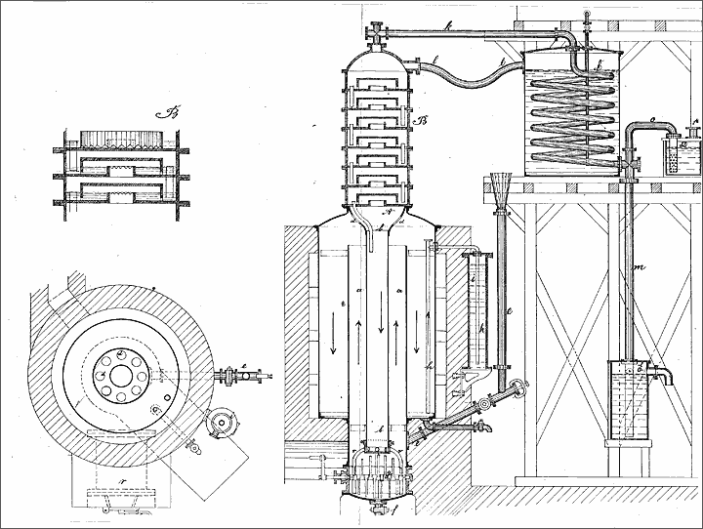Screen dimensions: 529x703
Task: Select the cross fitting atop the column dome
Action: pos(374,36)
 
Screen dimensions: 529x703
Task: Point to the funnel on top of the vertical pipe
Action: pos(502,187)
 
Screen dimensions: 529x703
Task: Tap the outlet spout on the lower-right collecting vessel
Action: pos(667,375)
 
